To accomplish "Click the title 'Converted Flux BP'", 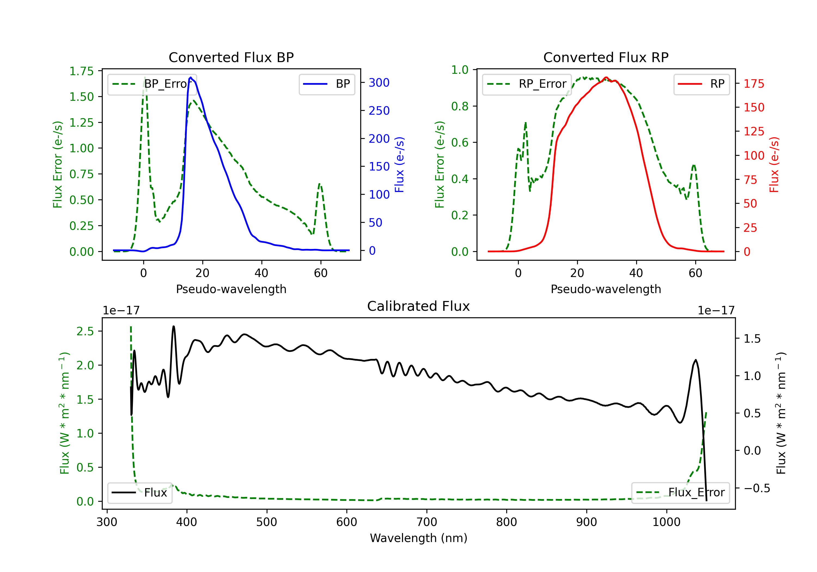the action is [231, 57].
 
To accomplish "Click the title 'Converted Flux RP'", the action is [606, 57].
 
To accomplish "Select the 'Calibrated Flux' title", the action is [419, 306].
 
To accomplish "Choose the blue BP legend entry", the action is [327, 84].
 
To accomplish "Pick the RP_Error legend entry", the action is [527, 84].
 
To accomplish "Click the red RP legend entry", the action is [701, 84].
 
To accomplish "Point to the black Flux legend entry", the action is [139, 493].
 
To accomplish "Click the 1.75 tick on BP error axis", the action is [81, 71].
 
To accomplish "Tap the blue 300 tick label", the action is [379, 83].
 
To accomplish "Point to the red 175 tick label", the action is [754, 84].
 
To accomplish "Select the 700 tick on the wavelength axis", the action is [427, 522].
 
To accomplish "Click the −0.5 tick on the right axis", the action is [757, 488].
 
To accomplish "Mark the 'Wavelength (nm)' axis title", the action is [419, 538].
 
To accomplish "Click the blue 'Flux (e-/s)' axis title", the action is [399, 165].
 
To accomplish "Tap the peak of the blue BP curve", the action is [191, 77].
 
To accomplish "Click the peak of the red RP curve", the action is [606, 77].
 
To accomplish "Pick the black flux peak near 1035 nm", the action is [696, 360].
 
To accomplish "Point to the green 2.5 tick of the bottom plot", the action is [85, 331].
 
